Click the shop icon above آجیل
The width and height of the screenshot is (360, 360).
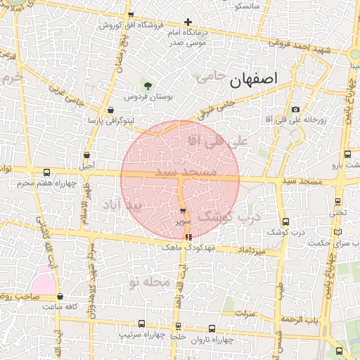pos(86,155)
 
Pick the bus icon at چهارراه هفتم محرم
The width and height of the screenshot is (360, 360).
pos(47,172)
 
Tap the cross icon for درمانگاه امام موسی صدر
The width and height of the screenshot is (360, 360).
pos(188,22)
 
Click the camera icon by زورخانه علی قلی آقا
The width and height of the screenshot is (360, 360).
pos(295,110)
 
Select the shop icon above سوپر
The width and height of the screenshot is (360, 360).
pos(183,210)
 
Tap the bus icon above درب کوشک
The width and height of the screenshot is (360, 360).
pos(285,221)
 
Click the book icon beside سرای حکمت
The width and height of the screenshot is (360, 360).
pos(339,232)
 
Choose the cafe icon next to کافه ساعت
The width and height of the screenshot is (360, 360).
pos(60,297)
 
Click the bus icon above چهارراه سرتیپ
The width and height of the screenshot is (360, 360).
pos(142,324)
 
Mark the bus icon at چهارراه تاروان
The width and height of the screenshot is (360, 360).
pos(214,328)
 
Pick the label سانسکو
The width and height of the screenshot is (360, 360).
pos(247,6)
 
